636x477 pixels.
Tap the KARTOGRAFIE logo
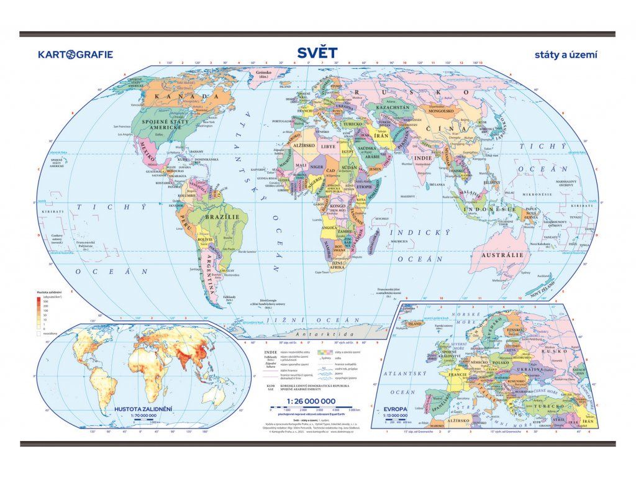[x=76, y=54]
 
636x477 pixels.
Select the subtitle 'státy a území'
[x=566, y=55]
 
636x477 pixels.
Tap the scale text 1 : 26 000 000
[x=311, y=401]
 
